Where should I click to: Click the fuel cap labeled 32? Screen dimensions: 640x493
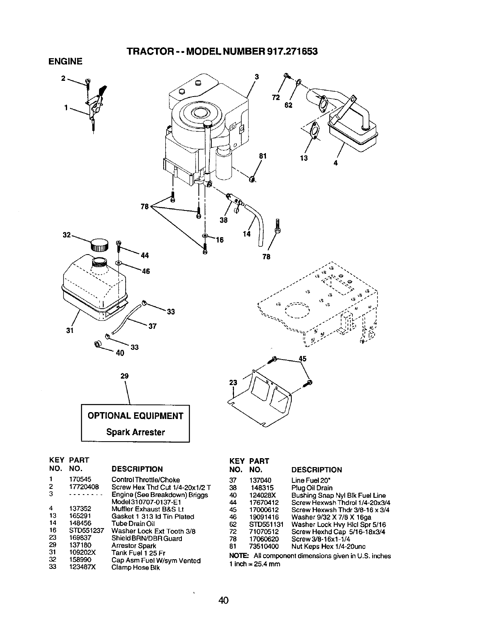click(x=99, y=245)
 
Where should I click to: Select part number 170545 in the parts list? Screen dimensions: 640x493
click(x=79, y=480)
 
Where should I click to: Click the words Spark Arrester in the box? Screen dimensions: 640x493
click(x=135, y=432)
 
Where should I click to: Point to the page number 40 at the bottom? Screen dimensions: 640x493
click(x=223, y=600)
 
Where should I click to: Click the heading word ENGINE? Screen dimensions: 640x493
click(x=65, y=61)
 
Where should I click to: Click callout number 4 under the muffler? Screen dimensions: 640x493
click(x=335, y=163)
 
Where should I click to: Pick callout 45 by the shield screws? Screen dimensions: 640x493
click(x=302, y=358)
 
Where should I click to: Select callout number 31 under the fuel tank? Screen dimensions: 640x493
click(x=69, y=332)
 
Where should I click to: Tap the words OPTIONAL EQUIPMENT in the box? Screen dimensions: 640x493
click(x=135, y=416)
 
